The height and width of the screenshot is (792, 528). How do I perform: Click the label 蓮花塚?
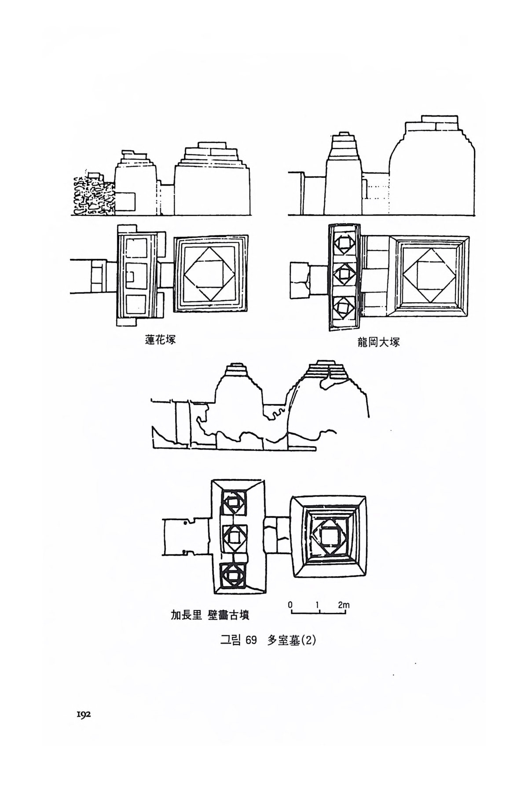click(160, 340)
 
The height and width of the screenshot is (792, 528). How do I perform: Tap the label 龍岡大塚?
click(378, 342)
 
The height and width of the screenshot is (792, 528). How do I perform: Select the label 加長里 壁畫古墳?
click(210, 615)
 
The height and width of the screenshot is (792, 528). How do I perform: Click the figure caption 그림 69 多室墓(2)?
click(268, 641)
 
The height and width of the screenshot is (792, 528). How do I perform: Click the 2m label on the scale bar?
click(344, 605)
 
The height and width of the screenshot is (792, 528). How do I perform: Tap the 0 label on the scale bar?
click(290, 605)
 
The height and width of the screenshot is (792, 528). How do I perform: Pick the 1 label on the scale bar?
click(317, 605)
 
